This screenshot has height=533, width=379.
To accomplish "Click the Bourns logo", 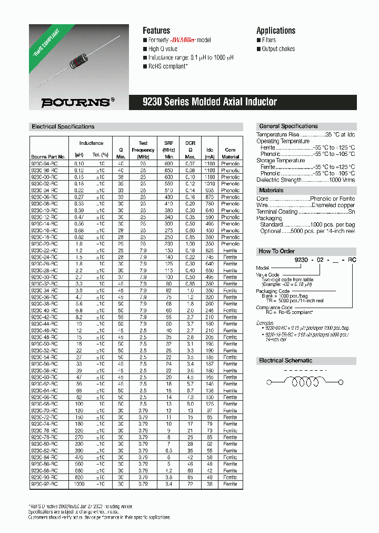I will click(78, 102).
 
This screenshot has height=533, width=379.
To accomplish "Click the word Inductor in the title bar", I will click(258, 102).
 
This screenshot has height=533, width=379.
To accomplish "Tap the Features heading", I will click(156, 31).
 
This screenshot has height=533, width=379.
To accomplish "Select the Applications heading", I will click(276, 31).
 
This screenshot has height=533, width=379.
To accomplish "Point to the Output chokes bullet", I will click(278, 49).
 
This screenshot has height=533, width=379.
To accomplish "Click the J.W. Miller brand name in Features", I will click(184, 40).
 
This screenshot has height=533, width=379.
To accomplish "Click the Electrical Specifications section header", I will click(63, 127).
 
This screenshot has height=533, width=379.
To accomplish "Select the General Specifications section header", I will click(288, 126).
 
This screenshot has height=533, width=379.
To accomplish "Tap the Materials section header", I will click(271, 190).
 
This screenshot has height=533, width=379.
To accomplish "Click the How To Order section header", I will click(277, 251).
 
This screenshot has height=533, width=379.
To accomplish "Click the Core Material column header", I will click(230, 153).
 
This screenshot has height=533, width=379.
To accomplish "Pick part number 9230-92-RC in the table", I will click(48, 483).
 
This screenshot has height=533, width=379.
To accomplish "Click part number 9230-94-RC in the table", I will click(48, 164).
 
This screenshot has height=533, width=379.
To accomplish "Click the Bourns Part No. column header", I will click(48, 157).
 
